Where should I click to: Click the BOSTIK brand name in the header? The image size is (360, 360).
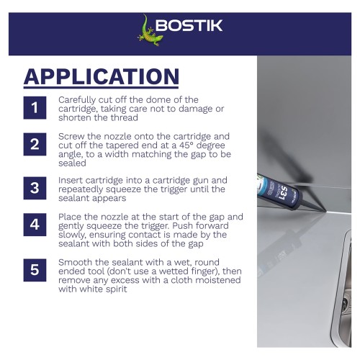(189, 25)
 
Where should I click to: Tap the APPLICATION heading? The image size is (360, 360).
(102, 76)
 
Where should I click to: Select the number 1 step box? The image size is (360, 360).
(35, 108)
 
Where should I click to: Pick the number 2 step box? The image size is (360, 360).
(35, 144)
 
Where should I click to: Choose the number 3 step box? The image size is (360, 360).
(35, 188)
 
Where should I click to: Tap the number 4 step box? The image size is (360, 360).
(35, 225)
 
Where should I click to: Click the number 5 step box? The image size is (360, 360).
(35, 270)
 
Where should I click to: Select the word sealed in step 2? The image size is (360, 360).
(72, 163)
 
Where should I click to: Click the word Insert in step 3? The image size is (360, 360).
(70, 180)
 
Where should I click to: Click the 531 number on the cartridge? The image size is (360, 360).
(282, 193)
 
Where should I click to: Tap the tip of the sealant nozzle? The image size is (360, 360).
(325, 212)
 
